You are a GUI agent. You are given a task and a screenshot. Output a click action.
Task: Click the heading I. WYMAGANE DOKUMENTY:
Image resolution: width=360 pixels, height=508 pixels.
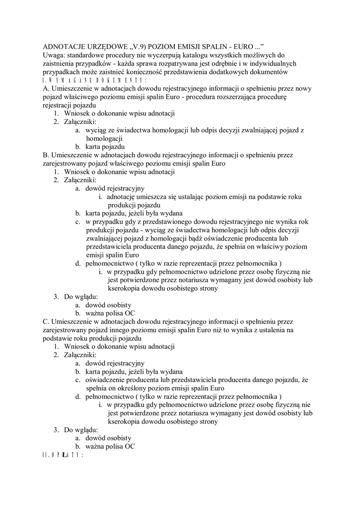click(x=95, y=80)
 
